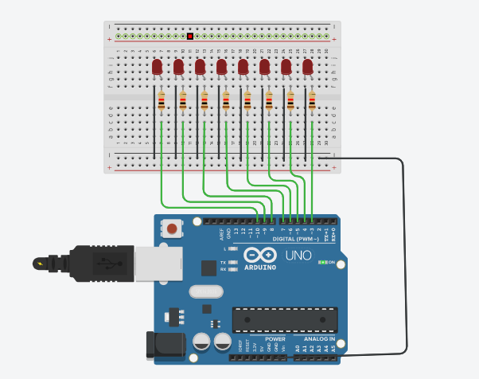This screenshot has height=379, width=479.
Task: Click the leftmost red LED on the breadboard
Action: [x=158, y=66]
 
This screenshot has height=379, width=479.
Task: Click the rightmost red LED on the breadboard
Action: [x=308, y=66]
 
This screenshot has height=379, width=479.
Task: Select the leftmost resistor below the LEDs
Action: [x=162, y=102]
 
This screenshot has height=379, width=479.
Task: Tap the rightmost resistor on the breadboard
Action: [x=312, y=102]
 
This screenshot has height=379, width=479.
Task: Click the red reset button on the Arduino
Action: [x=171, y=230]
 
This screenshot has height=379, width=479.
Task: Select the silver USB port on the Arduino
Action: [x=154, y=262]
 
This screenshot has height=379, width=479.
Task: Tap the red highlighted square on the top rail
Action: [x=191, y=36]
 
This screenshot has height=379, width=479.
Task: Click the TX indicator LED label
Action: [x=224, y=262]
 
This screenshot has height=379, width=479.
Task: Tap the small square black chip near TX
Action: [x=208, y=268]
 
